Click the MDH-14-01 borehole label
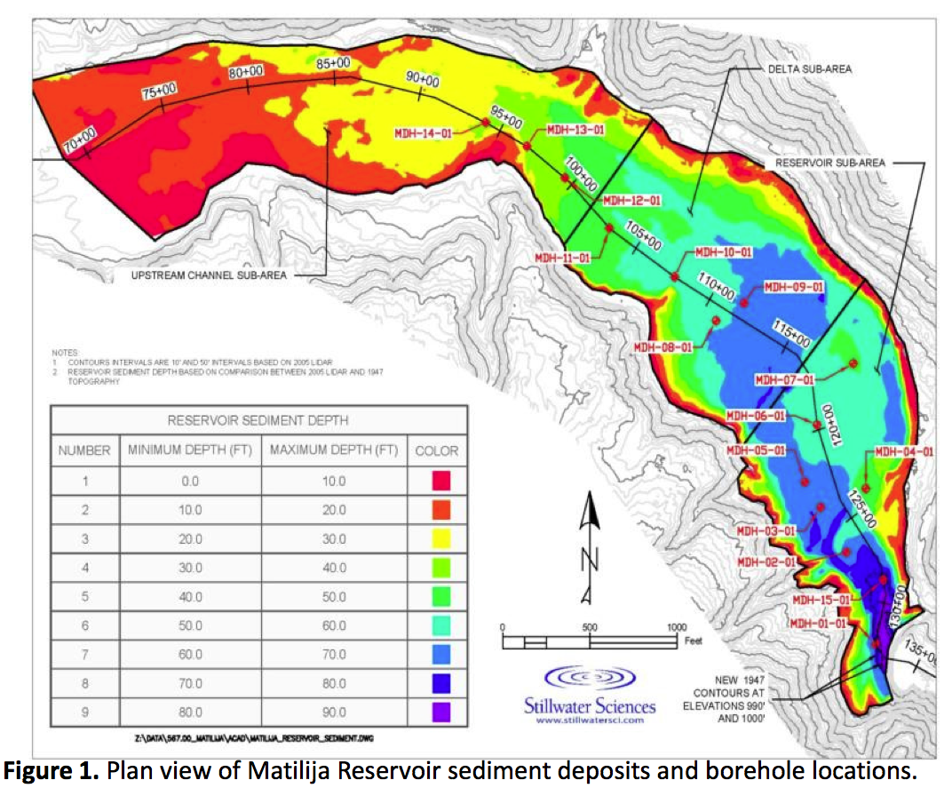coord(423,133)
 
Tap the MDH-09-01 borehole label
coord(794,287)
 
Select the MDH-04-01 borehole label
coord(904,451)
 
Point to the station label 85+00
coord(333,63)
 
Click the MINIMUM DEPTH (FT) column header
coord(190,450)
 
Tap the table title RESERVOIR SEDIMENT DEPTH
coord(258,420)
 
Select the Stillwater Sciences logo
coord(589,694)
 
